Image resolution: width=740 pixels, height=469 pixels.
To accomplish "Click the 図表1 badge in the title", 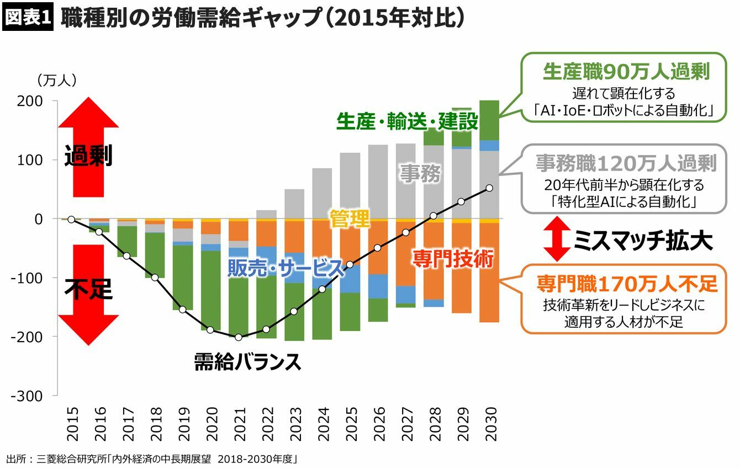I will click(28, 18).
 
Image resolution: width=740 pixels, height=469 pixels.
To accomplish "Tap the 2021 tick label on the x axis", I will click(239, 424).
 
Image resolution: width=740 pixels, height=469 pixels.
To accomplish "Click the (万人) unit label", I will click(57, 81).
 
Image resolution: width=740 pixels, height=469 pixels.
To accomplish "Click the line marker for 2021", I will click(239, 338).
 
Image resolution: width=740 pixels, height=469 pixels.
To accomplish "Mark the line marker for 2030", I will click(489, 188).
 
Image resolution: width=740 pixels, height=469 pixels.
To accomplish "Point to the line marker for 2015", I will click(71, 220).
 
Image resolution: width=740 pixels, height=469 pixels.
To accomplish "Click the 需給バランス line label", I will click(247, 363).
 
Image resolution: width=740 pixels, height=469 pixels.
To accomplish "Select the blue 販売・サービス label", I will click(286, 268).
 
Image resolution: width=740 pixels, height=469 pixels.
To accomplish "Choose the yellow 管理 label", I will click(350, 219).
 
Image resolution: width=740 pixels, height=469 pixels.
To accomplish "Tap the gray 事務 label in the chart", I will click(421, 174).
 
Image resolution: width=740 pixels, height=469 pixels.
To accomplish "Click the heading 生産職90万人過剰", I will click(626, 72).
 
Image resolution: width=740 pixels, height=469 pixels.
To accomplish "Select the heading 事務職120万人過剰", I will click(626, 163).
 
